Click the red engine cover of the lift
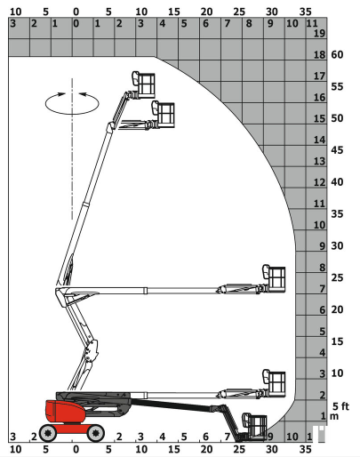(x=65, y=412)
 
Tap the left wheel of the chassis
(x=48, y=433)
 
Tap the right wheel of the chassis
(x=95, y=433)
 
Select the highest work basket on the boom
(x=143, y=84)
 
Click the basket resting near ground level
(x=254, y=426)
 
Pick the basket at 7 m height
(x=274, y=278)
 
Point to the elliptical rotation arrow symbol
(x=72, y=103)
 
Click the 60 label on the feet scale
(x=337, y=54)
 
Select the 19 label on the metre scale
(x=319, y=33)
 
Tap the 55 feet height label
(x=337, y=86)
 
